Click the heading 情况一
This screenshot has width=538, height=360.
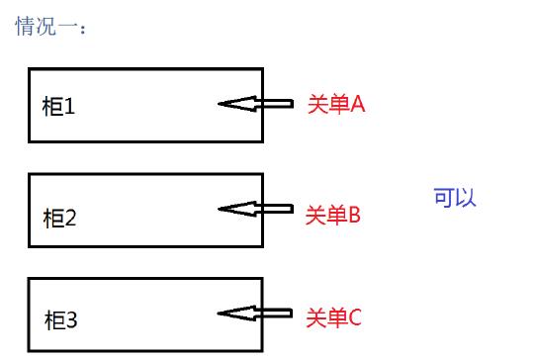[x=50, y=27]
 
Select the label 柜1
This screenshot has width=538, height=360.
[x=58, y=106]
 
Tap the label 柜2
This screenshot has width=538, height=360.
[x=59, y=218]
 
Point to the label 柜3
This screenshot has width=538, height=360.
[x=60, y=320]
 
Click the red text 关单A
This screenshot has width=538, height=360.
[x=336, y=104]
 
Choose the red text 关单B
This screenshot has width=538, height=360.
[x=333, y=215]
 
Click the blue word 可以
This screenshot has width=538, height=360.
[x=455, y=197]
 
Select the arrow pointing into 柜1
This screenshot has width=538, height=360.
[x=255, y=103]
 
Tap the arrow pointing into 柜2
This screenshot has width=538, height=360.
[x=255, y=209]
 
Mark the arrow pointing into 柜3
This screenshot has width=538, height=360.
[x=255, y=314]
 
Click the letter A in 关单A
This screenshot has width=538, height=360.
[x=358, y=104]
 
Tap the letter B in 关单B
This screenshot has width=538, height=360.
[x=354, y=215]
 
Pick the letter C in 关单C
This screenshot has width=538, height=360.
[x=355, y=317]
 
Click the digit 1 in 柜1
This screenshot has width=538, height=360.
[x=70, y=106]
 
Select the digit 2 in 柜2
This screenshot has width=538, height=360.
[x=71, y=218]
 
